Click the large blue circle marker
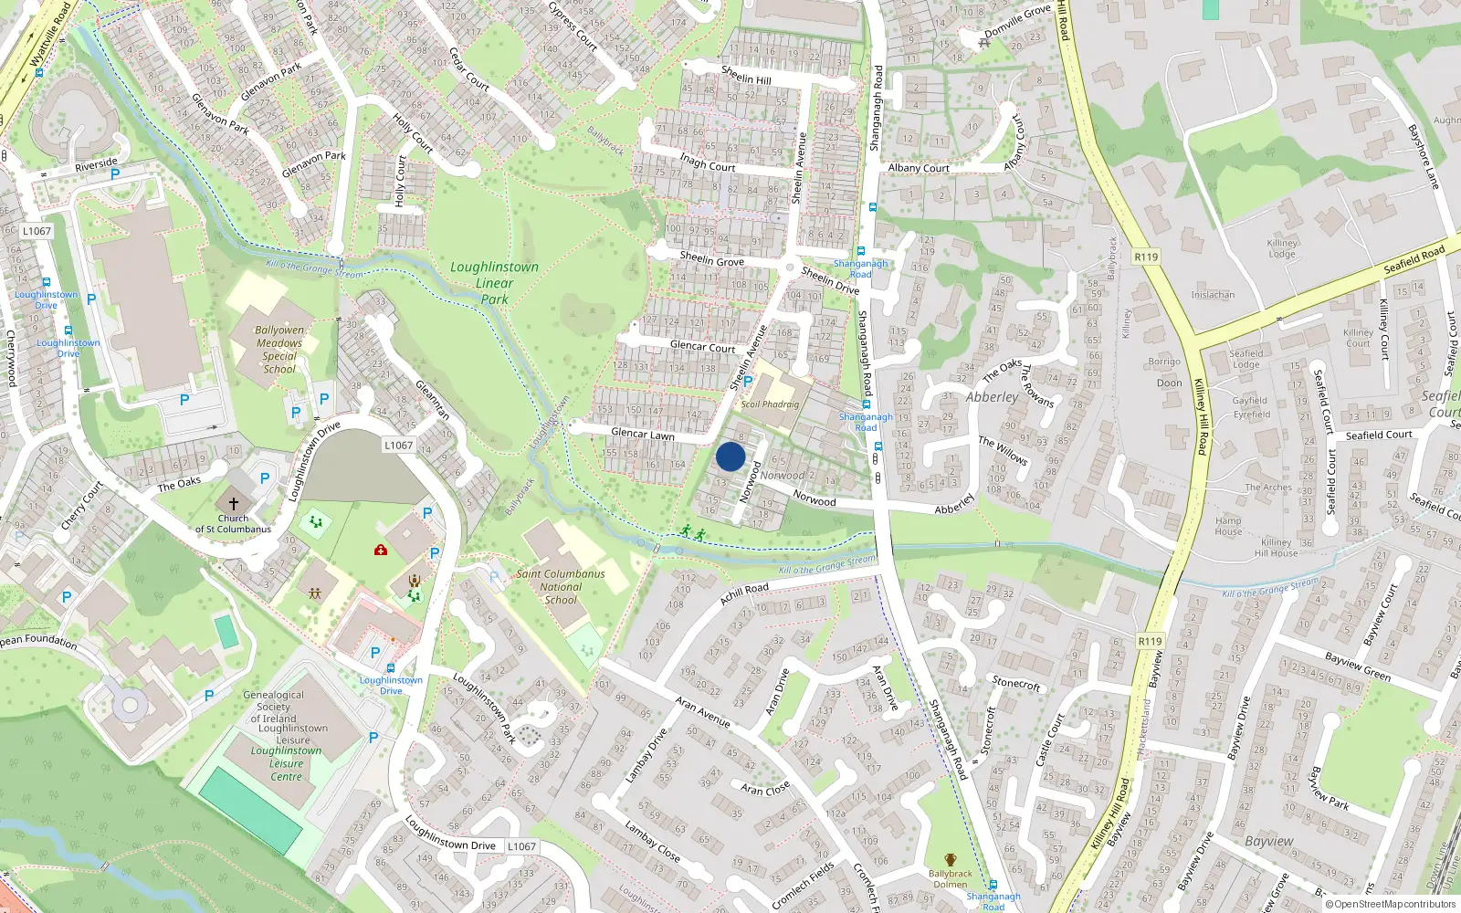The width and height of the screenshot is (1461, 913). (x=730, y=456)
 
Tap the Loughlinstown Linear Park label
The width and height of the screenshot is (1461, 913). (x=494, y=282)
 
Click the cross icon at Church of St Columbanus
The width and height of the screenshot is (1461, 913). (x=234, y=503)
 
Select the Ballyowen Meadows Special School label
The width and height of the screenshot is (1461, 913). (x=279, y=350)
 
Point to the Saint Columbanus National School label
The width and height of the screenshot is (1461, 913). (x=561, y=586)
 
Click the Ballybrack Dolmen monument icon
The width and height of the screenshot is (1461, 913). (x=951, y=860)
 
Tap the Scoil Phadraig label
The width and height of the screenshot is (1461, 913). (x=770, y=404)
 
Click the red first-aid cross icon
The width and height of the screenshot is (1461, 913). (x=381, y=550)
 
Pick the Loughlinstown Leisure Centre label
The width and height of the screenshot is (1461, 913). (x=286, y=763)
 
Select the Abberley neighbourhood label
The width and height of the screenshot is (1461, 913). (x=992, y=397)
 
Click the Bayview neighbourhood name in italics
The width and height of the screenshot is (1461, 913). (x=1268, y=841)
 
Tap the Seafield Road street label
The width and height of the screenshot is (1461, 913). (x=1414, y=259)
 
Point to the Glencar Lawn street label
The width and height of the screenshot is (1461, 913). (x=643, y=435)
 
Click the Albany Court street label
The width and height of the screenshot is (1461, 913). (x=919, y=168)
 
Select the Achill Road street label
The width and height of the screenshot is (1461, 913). (x=744, y=593)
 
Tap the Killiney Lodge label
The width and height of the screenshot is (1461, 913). (x=1282, y=248)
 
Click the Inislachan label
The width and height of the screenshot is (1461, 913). (x=1213, y=295)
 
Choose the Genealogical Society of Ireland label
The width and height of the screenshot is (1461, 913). (x=273, y=706)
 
